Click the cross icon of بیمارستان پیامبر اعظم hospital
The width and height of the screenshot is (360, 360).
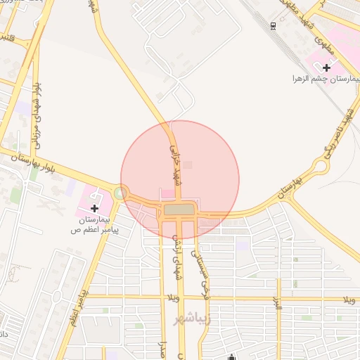94,208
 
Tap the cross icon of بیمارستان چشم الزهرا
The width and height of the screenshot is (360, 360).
326,67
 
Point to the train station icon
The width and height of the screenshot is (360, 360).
273,26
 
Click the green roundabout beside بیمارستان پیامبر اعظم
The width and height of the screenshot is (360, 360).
122,192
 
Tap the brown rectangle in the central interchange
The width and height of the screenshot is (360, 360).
181,210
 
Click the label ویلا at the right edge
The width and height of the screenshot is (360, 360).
349,300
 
